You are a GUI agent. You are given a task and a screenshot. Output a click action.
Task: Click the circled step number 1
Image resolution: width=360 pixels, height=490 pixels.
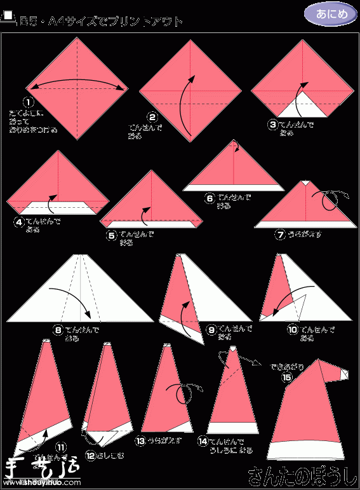coord(28,102)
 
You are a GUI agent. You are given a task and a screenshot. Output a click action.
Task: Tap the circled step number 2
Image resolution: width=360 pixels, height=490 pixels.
coord(153,117)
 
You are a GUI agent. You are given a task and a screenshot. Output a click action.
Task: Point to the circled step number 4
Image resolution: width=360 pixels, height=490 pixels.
coord(20,222)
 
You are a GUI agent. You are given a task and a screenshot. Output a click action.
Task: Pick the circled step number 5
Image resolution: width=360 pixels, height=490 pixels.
coord(112,235)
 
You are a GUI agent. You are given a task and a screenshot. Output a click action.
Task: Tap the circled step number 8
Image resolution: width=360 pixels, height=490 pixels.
coord(58,330)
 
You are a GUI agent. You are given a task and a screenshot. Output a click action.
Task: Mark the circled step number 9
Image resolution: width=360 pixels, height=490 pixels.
coord(211,329)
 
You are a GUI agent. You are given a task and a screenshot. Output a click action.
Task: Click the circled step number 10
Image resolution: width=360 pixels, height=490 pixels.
coord(293,329)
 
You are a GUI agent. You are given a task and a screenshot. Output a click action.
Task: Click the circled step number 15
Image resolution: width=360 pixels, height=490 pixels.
coord(287,377)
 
